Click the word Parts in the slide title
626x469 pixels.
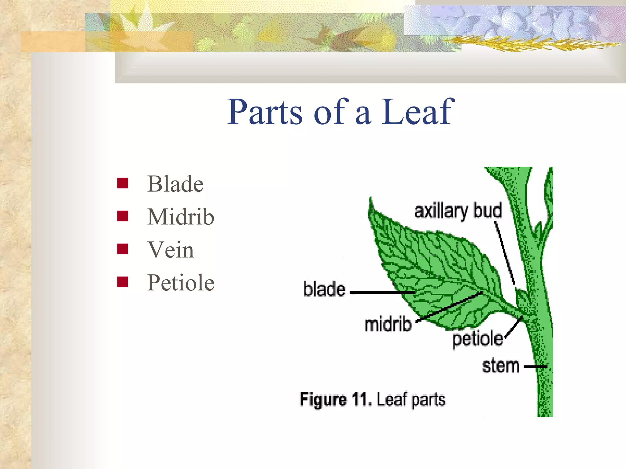(265, 112)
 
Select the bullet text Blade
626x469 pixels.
(175, 184)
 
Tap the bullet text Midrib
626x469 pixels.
(181, 217)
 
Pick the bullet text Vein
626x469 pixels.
(171, 250)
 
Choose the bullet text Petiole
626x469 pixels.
(181, 283)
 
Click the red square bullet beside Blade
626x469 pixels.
(123, 183)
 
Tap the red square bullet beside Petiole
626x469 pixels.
(123, 282)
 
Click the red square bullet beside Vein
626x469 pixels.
(123, 249)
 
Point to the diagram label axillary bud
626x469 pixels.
(458, 211)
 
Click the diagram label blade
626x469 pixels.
(324, 289)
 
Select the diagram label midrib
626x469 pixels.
(388, 324)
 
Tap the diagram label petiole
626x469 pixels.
(477, 339)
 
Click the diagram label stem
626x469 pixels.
(501, 366)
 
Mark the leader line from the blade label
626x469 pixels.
(382, 293)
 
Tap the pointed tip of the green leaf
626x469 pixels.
(371, 198)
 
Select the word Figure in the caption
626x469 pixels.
(323, 399)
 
